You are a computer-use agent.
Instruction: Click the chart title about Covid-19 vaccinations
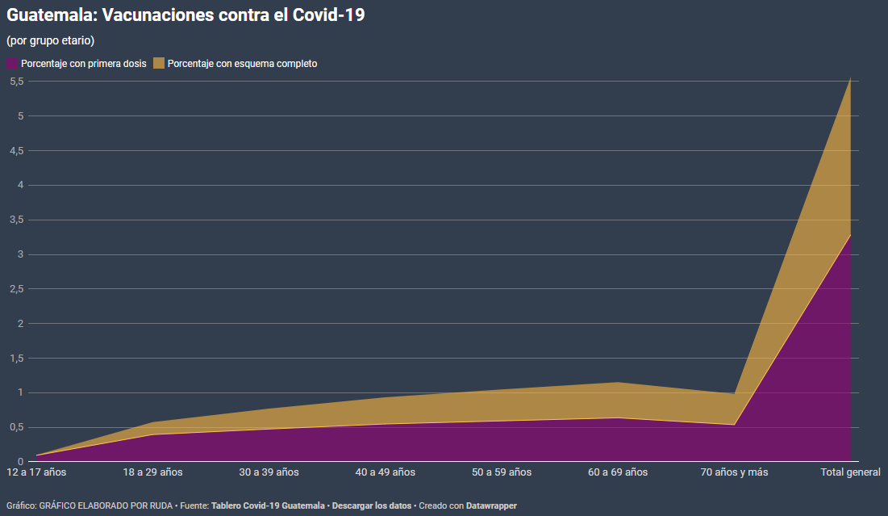point(186,15)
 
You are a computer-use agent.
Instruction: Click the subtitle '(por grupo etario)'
point(51,40)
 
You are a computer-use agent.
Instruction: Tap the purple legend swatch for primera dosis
point(12,63)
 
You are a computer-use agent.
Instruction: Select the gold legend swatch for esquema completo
point(159,63)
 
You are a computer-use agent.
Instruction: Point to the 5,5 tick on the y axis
point(16,82)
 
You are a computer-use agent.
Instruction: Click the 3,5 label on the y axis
point(16,220)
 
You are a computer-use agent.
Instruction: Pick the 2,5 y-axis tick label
point(16,289)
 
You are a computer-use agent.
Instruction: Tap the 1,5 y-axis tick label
point(16,359)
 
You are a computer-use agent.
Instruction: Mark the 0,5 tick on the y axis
point(16,428)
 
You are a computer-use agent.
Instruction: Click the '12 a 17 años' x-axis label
point(37,472)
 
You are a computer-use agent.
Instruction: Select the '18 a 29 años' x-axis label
point(153,472)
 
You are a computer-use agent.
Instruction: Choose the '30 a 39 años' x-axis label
point(269,472)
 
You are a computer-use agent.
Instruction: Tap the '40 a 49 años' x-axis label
point(386,472)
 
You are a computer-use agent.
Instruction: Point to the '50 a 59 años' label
point(502,472)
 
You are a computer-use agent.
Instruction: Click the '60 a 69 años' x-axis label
point(618,472)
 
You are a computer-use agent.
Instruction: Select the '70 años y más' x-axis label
point(734,472)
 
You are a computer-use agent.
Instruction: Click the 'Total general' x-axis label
point(850,472)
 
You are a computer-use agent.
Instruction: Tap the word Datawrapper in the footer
point(491,506)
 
